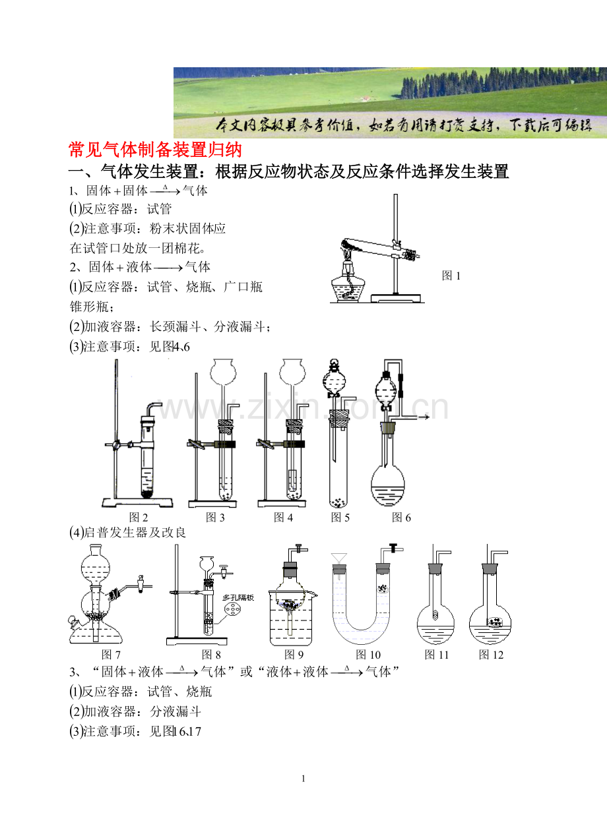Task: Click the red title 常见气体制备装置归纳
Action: pos(156,150)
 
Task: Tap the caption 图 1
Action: pos(451,276)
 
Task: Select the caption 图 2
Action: pos(139,518)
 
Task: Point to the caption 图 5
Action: pos(340,518)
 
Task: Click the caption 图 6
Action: pos(401,518)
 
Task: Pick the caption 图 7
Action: pos(111,655)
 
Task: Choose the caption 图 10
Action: pos(368,655)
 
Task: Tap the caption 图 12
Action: pos(491,655)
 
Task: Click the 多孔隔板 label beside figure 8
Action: pos(238,598)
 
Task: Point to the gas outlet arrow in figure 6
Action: pos(424,417)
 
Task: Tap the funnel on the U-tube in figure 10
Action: pos(339,559)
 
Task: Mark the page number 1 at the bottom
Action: pos(303,779)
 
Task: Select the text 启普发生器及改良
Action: pos(135,533)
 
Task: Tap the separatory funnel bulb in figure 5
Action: pos(333,380)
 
